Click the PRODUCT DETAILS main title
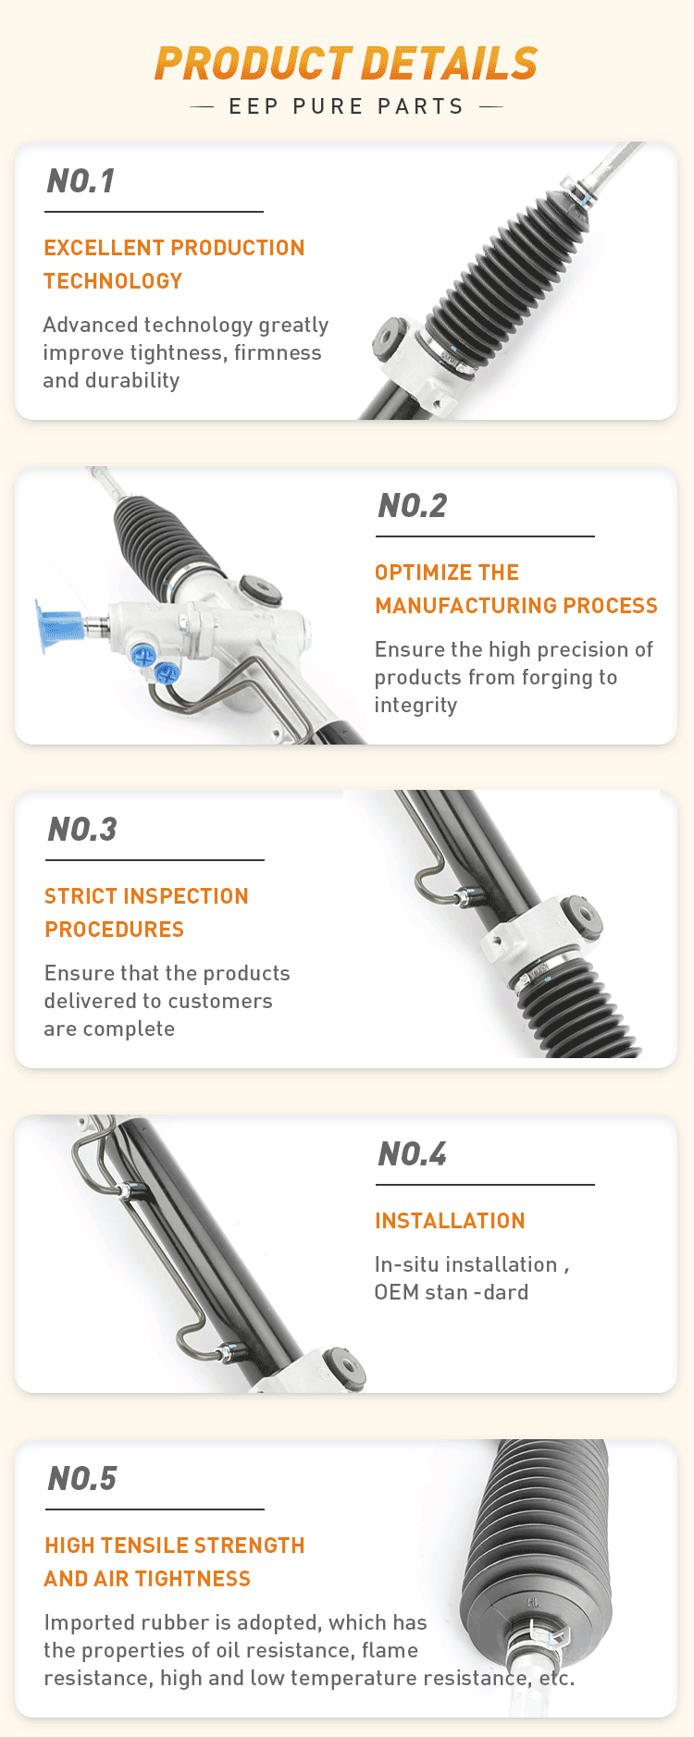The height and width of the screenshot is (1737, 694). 346,63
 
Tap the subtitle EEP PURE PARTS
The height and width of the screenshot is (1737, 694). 346,106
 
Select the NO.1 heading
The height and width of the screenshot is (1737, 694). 81,181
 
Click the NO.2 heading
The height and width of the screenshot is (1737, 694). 413,506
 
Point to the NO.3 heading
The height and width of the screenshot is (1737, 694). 82,830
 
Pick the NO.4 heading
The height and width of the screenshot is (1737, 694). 413,1154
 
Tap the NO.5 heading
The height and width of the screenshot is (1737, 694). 82,1479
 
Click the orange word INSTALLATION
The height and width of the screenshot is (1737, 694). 450,1221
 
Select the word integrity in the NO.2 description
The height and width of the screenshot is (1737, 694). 415,705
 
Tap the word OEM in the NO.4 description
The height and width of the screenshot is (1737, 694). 396,1292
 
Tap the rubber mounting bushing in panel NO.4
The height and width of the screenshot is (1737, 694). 344,1367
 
